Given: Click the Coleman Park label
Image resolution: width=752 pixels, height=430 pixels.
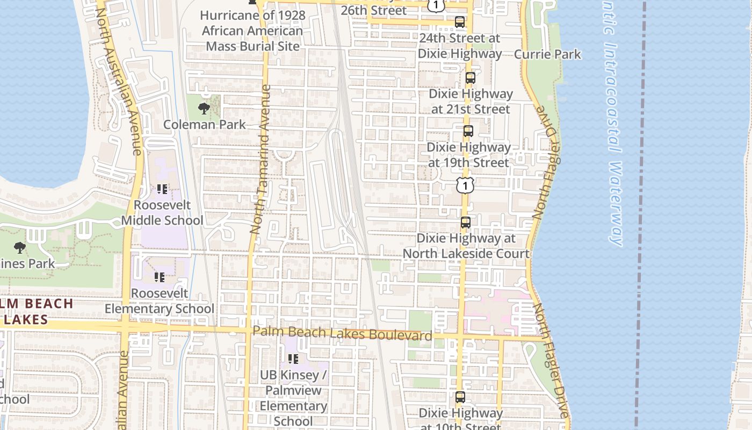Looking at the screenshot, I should [x=204, y=124].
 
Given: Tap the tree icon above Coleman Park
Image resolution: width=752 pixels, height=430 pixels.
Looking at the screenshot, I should [x=204, y=109].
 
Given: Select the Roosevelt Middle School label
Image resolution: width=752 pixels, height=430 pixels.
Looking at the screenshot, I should [x=162, y=213].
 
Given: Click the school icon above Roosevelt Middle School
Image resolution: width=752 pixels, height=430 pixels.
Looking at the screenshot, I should [x=162, y=189].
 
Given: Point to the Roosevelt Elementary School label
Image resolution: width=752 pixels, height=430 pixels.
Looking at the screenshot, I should [x=160, y=301].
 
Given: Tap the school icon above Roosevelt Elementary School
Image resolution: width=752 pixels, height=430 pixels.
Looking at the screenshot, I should [x=160, y=277].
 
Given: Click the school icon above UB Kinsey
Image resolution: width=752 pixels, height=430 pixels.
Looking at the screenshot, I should [x=293, y=359].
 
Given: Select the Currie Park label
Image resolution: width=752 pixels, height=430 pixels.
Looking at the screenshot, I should [x=547, y=54].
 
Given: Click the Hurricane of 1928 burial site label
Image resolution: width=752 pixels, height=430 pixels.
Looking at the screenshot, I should [x=252, y=31].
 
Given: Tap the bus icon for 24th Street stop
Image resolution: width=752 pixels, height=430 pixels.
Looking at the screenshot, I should [x=460, y=22].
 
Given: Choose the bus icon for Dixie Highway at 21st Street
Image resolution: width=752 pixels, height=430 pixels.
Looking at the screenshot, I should [x=471, y=77].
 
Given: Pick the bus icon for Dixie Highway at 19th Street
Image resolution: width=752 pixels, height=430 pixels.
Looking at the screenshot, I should [x=468, y=131].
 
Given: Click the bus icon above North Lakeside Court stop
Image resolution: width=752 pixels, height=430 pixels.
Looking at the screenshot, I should [x=466, y=222].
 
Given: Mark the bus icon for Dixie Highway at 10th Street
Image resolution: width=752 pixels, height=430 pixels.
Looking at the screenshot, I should [x=460, y=397].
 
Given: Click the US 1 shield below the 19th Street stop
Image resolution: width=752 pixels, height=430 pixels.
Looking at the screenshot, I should [x=465, y=185].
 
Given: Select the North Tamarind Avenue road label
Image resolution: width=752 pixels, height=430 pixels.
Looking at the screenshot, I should [x=260, y=159].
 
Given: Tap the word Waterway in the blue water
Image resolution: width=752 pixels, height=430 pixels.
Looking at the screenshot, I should [x=616, y=204].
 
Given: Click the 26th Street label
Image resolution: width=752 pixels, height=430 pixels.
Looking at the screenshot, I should [x=373, y=10].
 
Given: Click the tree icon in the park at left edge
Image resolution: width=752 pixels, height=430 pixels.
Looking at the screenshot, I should [x=20, y=248].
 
